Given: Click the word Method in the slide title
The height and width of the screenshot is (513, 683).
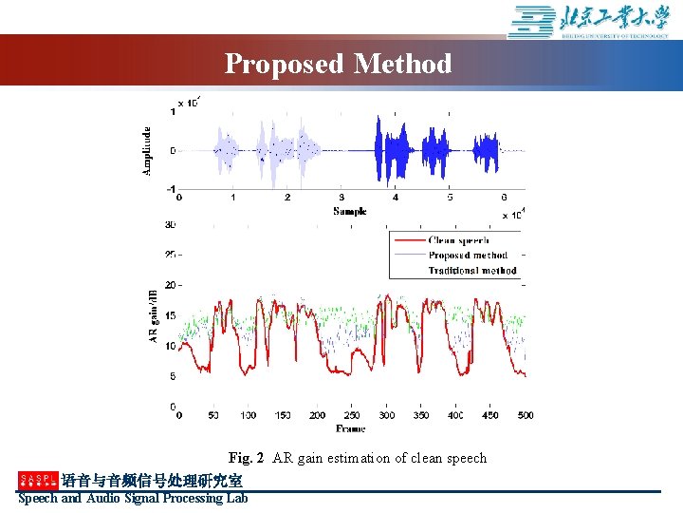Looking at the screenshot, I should click(402, 65).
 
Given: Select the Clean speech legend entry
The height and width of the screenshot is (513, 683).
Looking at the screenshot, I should click(458, 240).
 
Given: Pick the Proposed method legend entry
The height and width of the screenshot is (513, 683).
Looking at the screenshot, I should click(468, 256).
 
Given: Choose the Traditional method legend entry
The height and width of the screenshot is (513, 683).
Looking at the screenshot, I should click(471, 271).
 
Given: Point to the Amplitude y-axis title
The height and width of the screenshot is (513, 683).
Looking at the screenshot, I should click(147, 151).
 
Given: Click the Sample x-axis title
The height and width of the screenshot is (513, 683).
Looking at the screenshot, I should click(349, 211).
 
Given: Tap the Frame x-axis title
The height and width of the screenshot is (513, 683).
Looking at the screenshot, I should click(350, 429).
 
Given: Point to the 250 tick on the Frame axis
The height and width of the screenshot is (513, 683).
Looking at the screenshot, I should click(352, 416).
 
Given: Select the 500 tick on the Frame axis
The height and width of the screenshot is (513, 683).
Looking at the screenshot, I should click(525, 416).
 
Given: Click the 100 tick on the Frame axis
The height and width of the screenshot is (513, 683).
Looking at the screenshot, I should click(248, 416).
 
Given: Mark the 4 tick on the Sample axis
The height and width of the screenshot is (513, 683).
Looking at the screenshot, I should click(396, 198).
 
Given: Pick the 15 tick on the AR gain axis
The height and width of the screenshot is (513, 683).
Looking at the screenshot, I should click(170, 315).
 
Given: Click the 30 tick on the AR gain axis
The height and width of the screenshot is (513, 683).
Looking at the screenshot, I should click(170, 225).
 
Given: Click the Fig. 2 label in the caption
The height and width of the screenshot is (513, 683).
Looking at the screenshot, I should click(246, 458).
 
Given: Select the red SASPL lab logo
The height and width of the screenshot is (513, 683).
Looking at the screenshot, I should click(38, 481).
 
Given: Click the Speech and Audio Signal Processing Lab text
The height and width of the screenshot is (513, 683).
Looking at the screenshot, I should click(133, 498).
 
